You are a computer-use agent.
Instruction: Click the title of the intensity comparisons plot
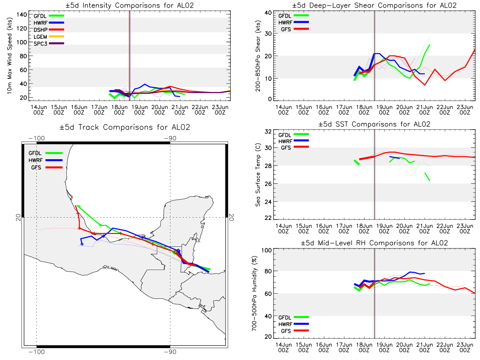pos(130,5)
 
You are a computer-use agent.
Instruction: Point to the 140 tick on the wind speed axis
pos(22,15)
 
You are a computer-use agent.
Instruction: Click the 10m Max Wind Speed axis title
pos(10,56)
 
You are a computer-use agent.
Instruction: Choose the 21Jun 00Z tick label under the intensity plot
pos(180,110)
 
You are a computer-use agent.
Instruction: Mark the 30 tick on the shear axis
pos(268,34)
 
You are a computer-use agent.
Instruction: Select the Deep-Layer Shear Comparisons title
pos(374,5)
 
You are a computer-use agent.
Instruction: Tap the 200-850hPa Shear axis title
pos(258,56)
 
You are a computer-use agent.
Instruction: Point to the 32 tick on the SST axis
pos(268,132)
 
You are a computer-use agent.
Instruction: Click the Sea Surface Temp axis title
pos(258,175)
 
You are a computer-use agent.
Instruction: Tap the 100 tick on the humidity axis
pos(266,250)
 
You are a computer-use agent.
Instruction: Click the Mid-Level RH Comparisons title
pos(374,243)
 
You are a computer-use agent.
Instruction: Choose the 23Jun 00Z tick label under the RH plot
pos(465,348)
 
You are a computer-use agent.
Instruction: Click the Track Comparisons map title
pos(125,127)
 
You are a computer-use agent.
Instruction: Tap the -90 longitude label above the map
pos(170,138)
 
